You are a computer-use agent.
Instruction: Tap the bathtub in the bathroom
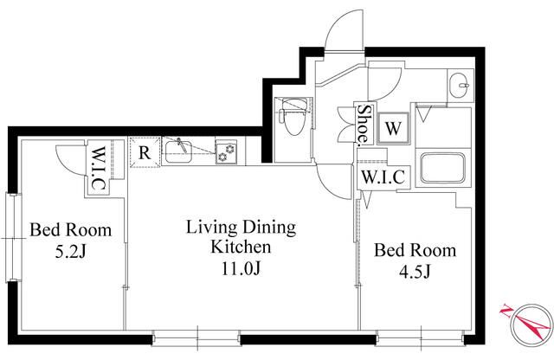(x=443, y=168)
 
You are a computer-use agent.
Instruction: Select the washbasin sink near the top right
(x=460, y=86)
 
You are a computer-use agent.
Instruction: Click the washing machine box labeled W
(x=393, y=128)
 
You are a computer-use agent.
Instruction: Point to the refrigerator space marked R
(x=145, y=152)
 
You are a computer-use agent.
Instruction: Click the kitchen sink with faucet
(x=178, y=152)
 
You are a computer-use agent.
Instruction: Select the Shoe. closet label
(x=364, y=125)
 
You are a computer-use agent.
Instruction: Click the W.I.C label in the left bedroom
(x=98, y=168)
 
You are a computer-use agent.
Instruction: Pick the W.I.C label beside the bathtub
(x=383, y=177)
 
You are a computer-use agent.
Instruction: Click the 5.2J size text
(x=71, y=252)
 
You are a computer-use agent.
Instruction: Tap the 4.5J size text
(x=415, y=272)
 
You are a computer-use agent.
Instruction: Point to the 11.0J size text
(x=241, y=269)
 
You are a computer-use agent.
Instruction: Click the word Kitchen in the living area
(x=241, y=247)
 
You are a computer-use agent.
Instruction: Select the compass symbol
(x=529, y=325)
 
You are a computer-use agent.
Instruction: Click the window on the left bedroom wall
(x=12, y=238)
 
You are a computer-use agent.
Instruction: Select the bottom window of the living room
(x=196, y=337)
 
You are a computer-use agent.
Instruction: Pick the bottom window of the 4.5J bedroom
(x=421, y=337)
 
